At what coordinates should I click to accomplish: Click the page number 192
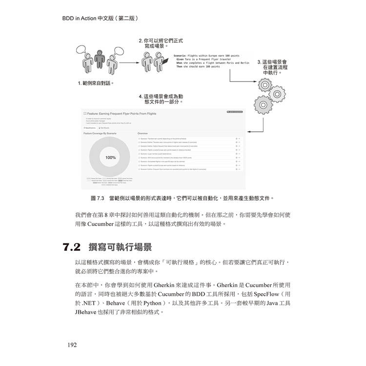point(72,345)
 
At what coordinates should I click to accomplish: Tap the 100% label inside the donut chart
point(111,158)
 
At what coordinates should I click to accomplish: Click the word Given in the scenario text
point(180,60)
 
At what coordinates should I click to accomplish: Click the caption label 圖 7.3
point(98,198)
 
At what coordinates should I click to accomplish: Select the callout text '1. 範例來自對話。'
point(96,83)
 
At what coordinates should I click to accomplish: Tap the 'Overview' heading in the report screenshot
point(142,133)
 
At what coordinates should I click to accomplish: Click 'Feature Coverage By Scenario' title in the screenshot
point(101,133)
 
